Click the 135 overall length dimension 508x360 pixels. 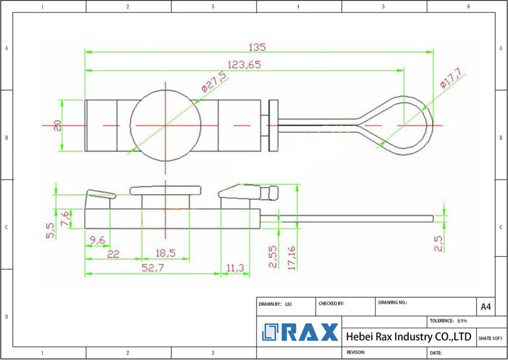pyautogui.click(x=257, y=47)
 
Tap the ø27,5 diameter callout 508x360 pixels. pyautogui.click(x=214, y=81)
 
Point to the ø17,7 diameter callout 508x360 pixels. pyautogui.click(x=450, y=78)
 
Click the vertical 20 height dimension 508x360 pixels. pyautogui.click(x=58, y=125)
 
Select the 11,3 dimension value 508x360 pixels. pyautogui.click(x=235, y=268)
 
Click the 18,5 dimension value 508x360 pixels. pyautogui.click(x=165, y=253)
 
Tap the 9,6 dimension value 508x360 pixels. pyautogui.click(x=97, y=240)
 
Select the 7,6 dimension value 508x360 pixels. pyautogui.click(x=64, y=218)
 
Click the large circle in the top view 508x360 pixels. pyautogui.click(x=165, y=125)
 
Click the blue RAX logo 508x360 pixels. pyautogui.click(x=300, y=332)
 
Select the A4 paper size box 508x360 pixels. pyautogui.click(x=486, y=307)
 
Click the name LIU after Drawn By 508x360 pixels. pyautogui.click(x=288, y=303)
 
